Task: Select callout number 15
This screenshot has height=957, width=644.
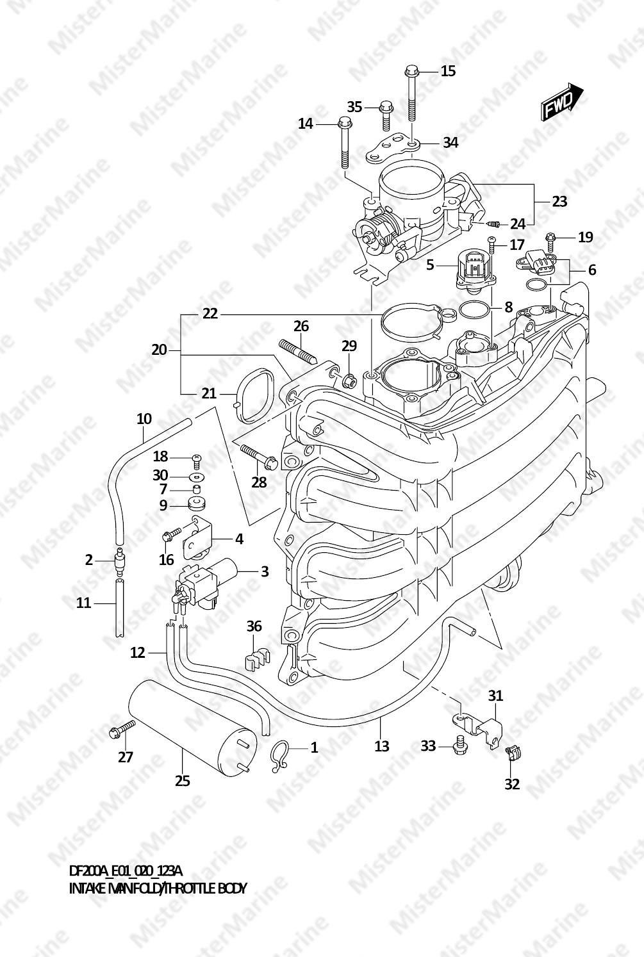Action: [448, 71]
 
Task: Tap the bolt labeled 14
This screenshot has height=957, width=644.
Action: [345, 145]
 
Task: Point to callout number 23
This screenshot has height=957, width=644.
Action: [559, 201]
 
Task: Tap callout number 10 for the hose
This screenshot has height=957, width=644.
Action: [144, 419]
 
